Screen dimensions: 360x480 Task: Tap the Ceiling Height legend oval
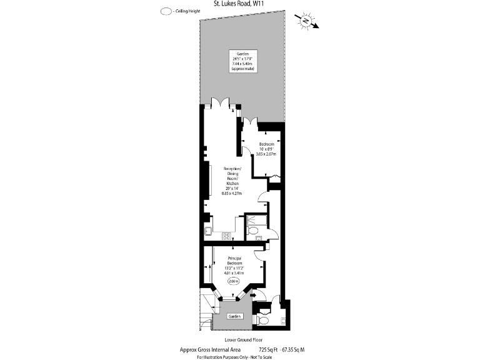coord(166,11)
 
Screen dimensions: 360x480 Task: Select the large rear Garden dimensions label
coord(240,61)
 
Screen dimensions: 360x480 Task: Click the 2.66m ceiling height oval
coord(234,281)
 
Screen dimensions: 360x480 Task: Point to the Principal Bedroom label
coord(234,265)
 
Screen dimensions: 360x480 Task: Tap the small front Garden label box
coord(234,316)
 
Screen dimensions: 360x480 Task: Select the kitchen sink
coord(207,231)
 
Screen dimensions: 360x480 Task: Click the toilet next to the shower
coord(252,232)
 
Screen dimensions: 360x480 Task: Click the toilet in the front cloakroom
coord(263,320)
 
